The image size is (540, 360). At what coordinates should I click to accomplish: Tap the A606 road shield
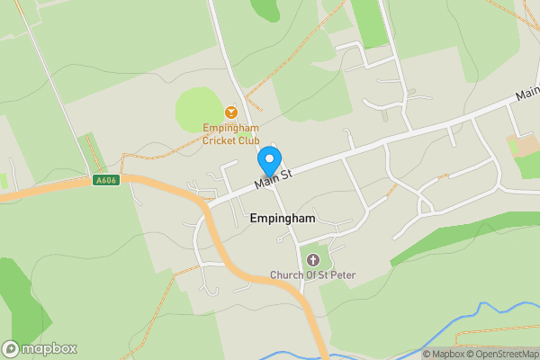tap(105, 180)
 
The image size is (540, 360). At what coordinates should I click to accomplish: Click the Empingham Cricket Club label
tap(230, 134)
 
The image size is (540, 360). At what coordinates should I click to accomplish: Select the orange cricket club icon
tap(230, 112)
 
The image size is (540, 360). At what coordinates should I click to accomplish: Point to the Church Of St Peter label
tap(312, 274)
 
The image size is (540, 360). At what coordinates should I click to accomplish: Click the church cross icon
tap(312, 260)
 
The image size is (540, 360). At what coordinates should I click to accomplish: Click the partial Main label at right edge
tap(527, 93)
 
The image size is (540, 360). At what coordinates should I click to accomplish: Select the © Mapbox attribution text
tap(441, 354)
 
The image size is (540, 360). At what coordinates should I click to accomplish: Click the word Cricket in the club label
tap(220, 140)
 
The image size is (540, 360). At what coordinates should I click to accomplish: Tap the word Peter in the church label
tap(341, 274)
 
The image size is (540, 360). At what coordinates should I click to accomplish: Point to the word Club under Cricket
tap(247, 140)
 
